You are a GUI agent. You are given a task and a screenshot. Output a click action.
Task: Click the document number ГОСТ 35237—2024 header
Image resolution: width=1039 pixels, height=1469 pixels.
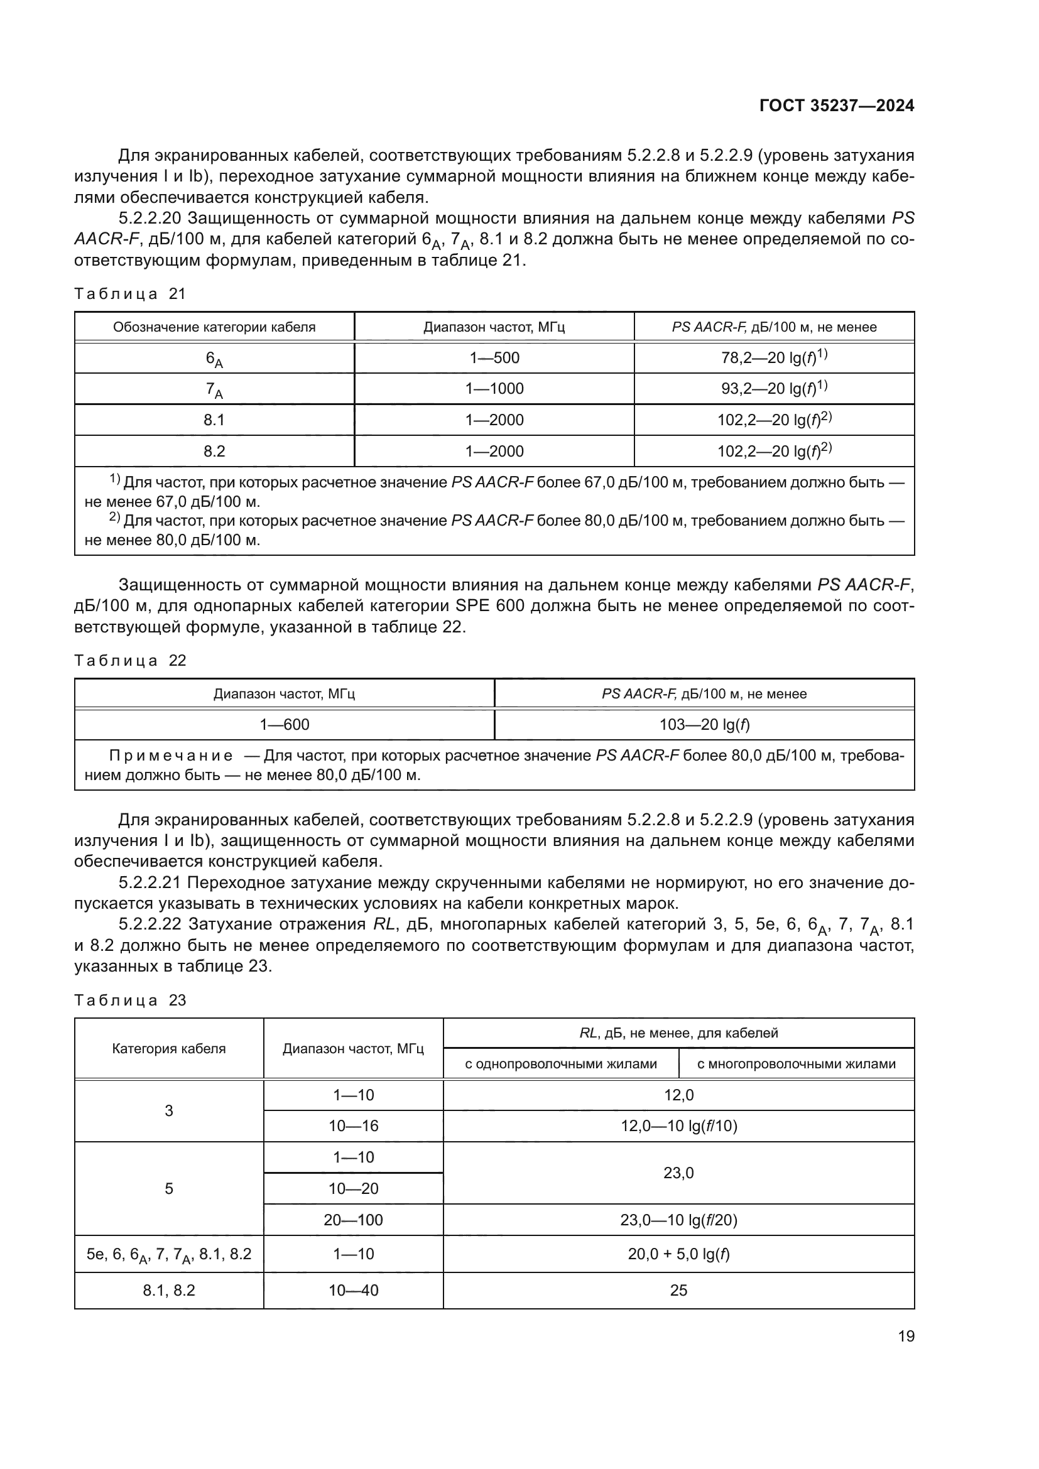[836, 106]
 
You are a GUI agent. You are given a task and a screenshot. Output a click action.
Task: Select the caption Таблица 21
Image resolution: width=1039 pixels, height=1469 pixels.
[130, 294]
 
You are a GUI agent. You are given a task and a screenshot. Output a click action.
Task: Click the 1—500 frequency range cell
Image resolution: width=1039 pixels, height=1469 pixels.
[494, 357]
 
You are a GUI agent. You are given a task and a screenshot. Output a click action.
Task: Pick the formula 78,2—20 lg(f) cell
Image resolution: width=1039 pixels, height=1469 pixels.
[774, 357]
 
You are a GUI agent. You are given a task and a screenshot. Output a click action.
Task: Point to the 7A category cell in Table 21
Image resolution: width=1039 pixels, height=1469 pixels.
[214, 389]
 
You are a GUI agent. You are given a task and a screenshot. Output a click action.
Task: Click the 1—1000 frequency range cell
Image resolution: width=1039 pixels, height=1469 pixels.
[494, 388]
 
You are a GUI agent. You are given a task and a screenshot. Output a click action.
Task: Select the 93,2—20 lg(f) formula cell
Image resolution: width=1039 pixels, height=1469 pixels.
[774, 388]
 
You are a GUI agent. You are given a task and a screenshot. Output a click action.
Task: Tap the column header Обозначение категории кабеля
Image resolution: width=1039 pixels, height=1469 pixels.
[214, 327]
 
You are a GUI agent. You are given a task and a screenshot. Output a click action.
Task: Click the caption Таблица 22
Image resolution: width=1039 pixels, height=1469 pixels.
[130, 660]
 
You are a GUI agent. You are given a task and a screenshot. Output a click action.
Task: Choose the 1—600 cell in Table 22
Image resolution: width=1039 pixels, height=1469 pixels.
[284, 724]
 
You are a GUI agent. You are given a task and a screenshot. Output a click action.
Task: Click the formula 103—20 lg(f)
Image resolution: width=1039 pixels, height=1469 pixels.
[704, 724]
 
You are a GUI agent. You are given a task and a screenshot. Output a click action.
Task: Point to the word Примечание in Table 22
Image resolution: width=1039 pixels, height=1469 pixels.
[171, 756]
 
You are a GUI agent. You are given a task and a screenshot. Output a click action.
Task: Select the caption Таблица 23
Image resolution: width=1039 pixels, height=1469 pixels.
[130, 1000]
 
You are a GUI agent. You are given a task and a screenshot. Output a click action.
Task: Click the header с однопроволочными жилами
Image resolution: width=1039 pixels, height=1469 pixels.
[560, 1064]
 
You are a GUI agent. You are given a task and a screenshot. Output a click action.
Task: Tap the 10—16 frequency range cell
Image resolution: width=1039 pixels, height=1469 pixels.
[353, 1126]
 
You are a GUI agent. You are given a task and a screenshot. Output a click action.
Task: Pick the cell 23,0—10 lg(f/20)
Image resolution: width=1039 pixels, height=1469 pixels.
[678, 1220]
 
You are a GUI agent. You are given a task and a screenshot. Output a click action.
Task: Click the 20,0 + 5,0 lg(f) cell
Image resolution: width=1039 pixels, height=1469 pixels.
[678, 1254]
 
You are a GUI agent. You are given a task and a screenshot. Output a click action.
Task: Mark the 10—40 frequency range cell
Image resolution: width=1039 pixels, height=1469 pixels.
[353, 1291]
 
